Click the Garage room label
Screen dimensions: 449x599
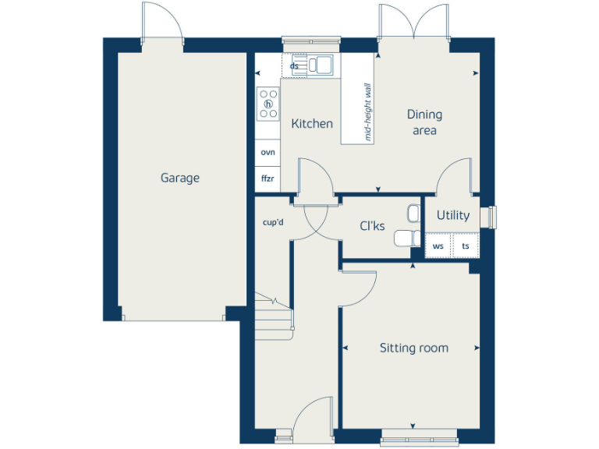point(180,178)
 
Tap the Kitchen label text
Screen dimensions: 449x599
point(312,124)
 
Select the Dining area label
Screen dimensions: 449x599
point(424,122)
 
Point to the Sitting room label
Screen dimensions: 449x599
point(414,348)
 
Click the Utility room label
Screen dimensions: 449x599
point(453,215)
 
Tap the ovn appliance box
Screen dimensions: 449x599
point(268,152)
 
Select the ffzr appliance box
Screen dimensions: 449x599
point(268,179)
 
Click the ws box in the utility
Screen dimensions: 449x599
point(438,246)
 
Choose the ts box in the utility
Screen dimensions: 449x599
point(466,246)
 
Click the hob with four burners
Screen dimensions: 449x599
point(269,103)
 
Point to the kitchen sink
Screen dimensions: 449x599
point(321,64)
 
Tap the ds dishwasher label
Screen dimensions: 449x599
point(294,66)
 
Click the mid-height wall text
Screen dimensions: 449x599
point(369,112)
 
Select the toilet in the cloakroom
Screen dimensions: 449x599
point(405,238)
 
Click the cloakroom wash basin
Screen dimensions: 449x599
point(413,212)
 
